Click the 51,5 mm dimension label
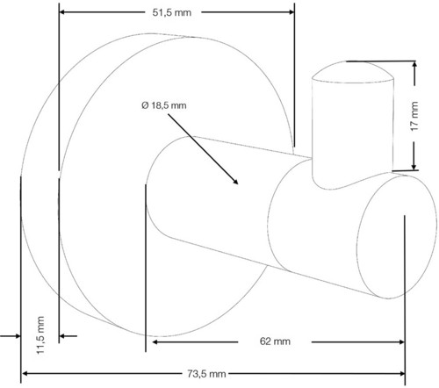click(x=172, y=12)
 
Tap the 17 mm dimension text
click(x=414, y=116)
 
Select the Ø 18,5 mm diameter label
click(x=164, y=105)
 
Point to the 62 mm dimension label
click(x=275, y=341)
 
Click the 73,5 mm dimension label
click(x=206, y=374)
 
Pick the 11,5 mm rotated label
click(x=40, y=335)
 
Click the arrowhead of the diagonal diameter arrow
click(x=235, y=182)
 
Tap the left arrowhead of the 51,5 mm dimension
click(x=62, y=12)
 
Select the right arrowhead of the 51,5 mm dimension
click(x=291, y=12)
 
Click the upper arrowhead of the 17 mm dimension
click(x=414, y=64)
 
